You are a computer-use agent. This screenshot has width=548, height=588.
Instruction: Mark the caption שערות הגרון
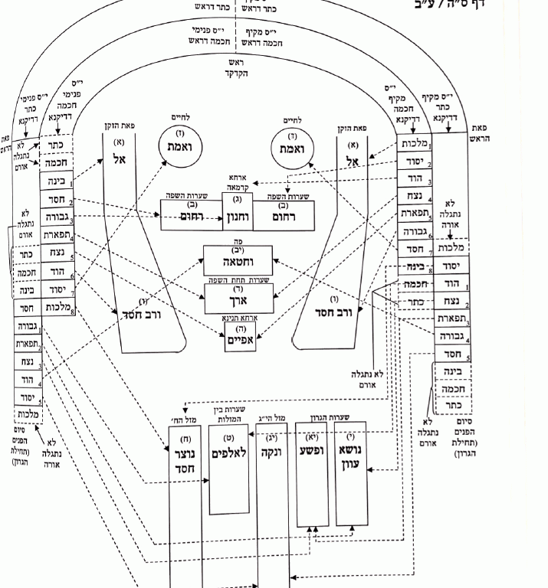click(348, 418)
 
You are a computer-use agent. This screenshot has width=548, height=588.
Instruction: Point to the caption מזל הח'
click(182, 420)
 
